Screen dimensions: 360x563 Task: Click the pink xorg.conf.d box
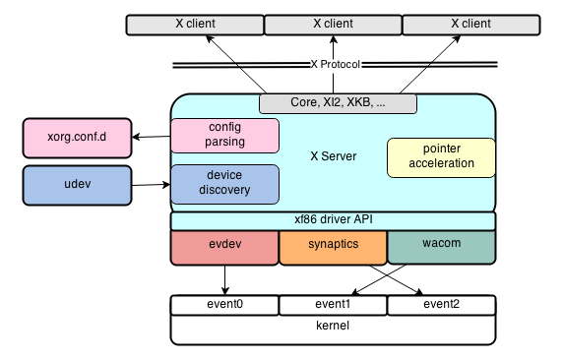point(77,138)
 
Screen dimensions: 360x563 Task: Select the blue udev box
point(77,185)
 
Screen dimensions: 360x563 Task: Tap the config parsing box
point(225,135)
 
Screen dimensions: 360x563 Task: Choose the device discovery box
point(225,183)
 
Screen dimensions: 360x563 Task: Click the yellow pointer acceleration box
point(440,156)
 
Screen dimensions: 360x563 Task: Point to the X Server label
point(333,156)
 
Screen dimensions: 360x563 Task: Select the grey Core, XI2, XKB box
point(338,103)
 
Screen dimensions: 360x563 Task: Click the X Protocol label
point(337,65)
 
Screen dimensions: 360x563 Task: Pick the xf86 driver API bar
point(333,221)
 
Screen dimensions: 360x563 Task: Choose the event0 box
point(224,305)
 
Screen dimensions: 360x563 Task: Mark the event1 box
point(333,305)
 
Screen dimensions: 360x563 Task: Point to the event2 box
point(440,305)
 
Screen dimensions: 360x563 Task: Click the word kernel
point(333,326)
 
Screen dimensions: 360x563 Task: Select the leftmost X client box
point(195,24)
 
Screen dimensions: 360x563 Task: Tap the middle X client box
point(333,24)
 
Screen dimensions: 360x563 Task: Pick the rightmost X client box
point(469,24)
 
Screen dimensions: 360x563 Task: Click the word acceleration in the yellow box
point(440,163)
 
